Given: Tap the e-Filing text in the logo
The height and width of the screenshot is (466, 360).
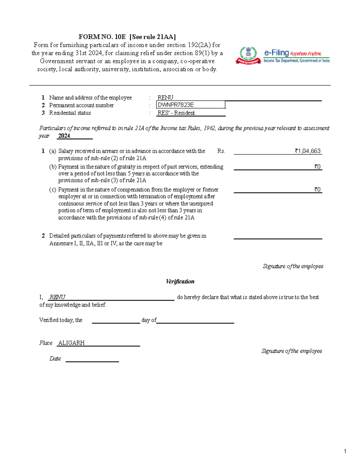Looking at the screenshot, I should (276, 53).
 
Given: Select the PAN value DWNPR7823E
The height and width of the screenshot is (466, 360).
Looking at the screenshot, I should (176, 105).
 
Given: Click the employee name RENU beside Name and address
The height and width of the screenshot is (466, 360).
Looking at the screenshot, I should (165, 98).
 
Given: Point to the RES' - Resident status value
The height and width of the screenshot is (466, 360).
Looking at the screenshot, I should (176, 113).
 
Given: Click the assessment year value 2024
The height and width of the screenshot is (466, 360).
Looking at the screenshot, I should (64, 136).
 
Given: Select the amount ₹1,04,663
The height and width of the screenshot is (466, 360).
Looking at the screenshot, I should (307, 151).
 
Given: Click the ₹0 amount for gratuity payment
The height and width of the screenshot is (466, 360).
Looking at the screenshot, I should (317, 167).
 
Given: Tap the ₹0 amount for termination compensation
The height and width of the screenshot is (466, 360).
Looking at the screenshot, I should (317, 189).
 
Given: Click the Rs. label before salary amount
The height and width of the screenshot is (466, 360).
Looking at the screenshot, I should (221, 151).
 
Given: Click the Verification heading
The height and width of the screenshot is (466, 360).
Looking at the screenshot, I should (180, 281).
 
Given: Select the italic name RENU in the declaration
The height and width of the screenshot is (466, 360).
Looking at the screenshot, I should (57, 297).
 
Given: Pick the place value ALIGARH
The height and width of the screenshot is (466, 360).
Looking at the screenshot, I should (71, 343).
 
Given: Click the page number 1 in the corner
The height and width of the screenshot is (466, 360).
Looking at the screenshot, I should (345, 451).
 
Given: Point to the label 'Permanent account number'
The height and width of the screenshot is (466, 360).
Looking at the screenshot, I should (81, 105).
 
